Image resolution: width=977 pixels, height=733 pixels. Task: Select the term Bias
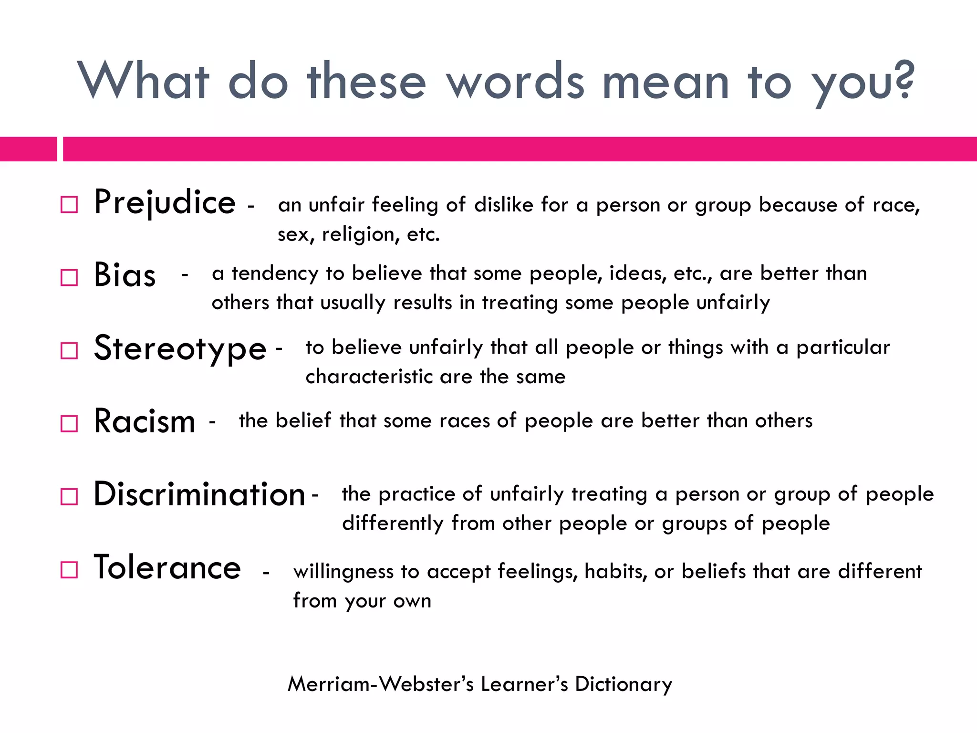[125, 275]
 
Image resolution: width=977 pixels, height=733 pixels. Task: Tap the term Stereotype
[180, 349]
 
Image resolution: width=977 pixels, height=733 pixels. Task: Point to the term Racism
[145, 422]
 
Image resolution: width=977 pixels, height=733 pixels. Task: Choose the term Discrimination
[199, 494]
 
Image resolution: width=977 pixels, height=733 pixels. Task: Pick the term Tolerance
[167, 568]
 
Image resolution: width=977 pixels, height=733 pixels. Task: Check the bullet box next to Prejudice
[69, 205]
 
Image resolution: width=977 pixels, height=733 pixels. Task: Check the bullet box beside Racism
[69, 423]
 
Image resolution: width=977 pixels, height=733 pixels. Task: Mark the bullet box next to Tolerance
[69, 570]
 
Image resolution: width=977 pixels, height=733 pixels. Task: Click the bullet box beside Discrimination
[69, 497]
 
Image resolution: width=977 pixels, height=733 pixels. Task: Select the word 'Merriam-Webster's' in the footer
[380, 684]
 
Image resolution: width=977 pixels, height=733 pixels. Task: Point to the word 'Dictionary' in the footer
[624, 684]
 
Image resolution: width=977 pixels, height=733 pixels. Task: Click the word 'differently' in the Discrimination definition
[393, 524]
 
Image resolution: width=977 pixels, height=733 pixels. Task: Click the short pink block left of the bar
[28, 149]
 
